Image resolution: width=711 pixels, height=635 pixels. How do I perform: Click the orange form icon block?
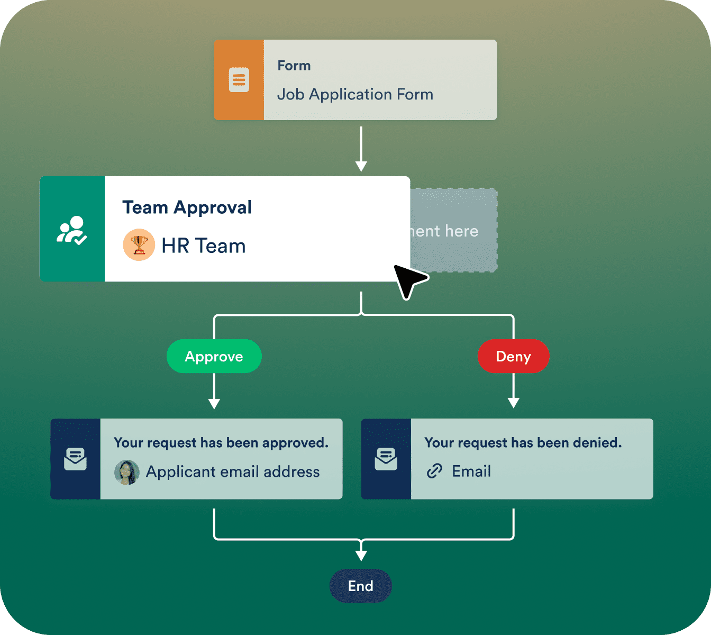point(239,80)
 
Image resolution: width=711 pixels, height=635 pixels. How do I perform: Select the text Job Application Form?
point(355,95)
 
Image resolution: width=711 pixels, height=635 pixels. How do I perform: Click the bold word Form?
point(294,66)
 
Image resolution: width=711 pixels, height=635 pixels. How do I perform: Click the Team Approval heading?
point(187,207)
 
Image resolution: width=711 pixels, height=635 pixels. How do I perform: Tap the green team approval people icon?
point(72,229)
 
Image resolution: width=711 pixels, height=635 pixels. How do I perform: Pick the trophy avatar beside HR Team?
point(139,245)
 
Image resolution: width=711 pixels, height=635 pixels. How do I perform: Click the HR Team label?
point(204,246)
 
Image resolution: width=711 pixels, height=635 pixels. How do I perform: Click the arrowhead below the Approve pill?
point(214,403)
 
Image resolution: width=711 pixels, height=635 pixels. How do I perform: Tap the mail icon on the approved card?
point(75,459)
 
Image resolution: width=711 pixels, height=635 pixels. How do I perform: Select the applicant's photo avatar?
point(127,472)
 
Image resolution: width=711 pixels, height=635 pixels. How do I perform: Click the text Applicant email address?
point(233,472)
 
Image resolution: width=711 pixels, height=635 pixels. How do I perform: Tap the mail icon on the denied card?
point(386,459)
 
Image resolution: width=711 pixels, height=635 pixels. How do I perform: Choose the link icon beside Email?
point(434,471)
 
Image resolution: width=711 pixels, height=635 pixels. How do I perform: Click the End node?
point(361,586)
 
